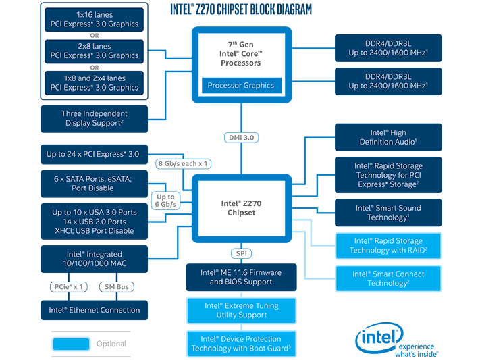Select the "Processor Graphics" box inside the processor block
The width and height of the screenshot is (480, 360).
pos(241,86)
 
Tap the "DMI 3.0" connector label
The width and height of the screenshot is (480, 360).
pos(241,137)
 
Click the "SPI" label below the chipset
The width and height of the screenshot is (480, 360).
pos(241,253)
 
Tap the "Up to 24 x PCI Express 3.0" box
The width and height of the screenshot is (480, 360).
pos(93,155)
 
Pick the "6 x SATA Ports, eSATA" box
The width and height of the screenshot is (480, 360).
pos(93,183)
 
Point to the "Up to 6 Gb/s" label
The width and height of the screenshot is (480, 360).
pos(165,200)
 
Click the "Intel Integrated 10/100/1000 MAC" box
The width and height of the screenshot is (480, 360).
pos(95,259)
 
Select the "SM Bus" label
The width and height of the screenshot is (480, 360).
pos(117,286)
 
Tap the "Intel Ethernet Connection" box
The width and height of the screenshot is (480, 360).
pos(95,310)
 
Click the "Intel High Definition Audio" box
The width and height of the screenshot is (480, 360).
pos(388,138)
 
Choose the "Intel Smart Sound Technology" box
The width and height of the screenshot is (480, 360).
pos(388,213)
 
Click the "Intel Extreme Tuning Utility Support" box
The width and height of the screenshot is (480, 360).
pos(241,311)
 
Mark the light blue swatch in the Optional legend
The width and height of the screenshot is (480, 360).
pos(70,344)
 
